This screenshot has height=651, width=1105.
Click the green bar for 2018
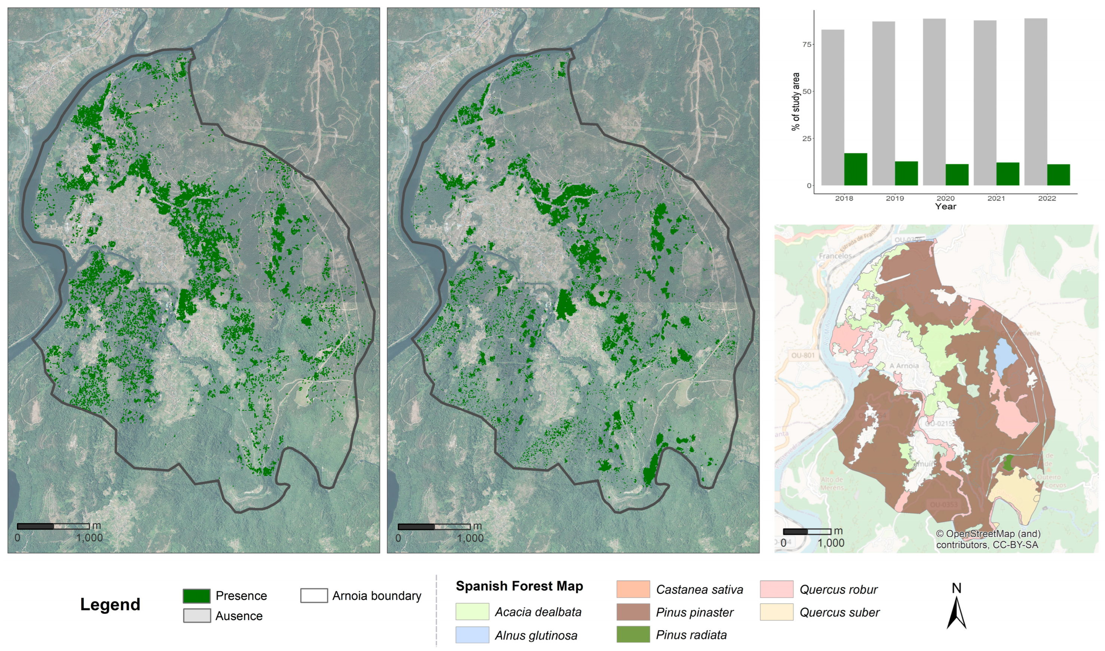click(855, 169)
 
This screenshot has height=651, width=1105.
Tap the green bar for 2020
click(956, 175)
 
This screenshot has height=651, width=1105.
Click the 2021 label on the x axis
click(996, 198)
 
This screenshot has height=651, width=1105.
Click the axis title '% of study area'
click(796, 101)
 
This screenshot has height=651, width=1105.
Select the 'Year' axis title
click(945, 207)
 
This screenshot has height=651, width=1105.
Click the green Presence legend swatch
click(196, 596)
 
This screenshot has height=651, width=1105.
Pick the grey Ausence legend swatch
click(196, 615)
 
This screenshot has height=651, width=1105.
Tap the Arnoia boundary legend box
click(314, 596)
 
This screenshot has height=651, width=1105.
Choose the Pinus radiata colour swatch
click(633, 634)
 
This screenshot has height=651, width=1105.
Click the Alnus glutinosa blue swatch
click(472, 635)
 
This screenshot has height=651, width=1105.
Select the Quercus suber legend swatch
click(776, 612)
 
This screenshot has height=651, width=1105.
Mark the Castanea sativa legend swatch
click(633, 589)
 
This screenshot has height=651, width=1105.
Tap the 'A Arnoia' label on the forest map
click(903, 365)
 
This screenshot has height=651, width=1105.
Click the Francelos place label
click(835, 256)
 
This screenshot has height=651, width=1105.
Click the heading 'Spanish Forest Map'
click(519, 586)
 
